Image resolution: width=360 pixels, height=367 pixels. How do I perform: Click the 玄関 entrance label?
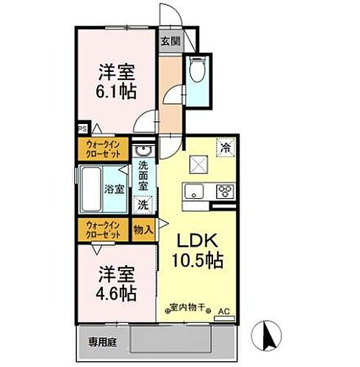[170, 41]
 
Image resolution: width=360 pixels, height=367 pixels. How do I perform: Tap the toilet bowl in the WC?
[197, 71]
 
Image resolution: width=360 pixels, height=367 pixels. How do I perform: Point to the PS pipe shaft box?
[82, 133]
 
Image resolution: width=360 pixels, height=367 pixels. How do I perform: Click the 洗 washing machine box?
[145, 207]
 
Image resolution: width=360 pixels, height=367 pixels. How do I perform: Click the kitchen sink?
[195, 192]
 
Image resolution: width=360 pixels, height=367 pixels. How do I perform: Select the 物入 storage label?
[143, 230]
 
